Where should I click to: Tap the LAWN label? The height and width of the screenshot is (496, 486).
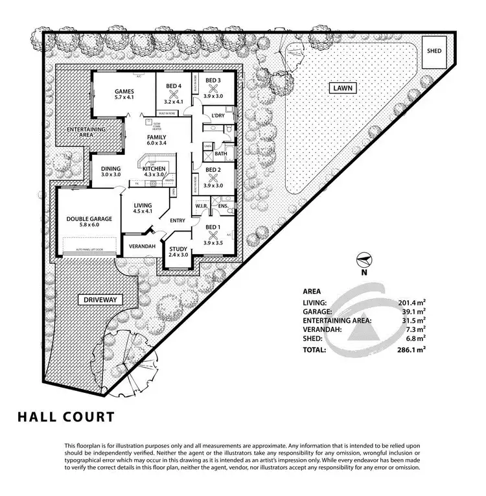pyautogui.click(x=342, y=88)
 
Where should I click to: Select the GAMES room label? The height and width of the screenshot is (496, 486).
pyautogui.click(x=124, y=90)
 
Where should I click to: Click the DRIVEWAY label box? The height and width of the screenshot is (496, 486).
pyautogui.click(x=98, y=300)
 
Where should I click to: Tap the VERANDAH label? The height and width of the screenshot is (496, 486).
pyautogui.click(x=141, y=248)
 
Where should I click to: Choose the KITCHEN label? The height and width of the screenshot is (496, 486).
pyautogui.click(x=154, y=169)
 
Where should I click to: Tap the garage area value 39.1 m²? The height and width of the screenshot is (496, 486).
pyautogui.click(x=412, y=311)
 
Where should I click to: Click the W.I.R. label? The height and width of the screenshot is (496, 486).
pyautogui.click(x=200, y=207)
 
